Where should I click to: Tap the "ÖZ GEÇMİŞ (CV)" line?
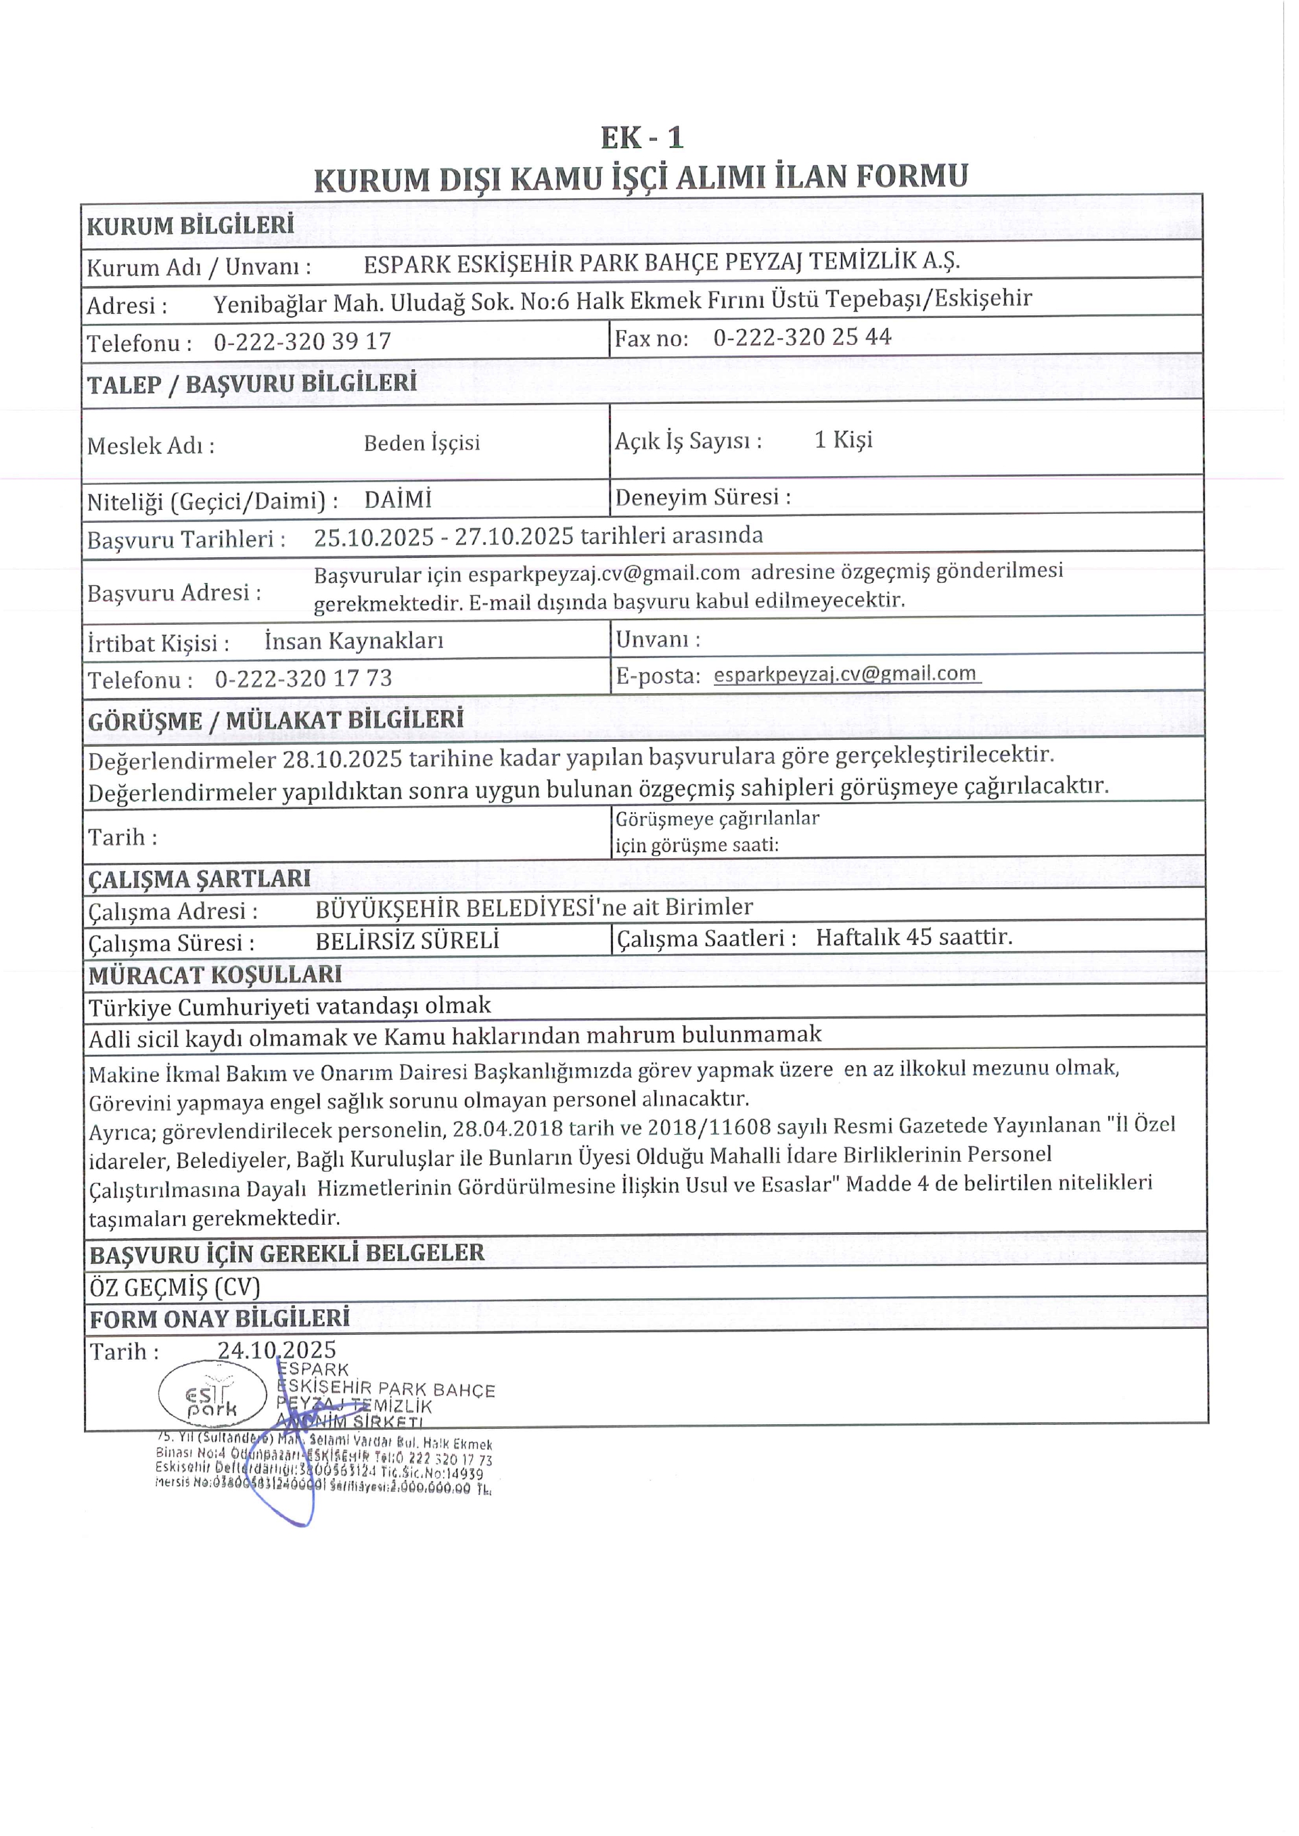point(176,1287)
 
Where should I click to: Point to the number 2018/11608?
point(723,1127)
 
